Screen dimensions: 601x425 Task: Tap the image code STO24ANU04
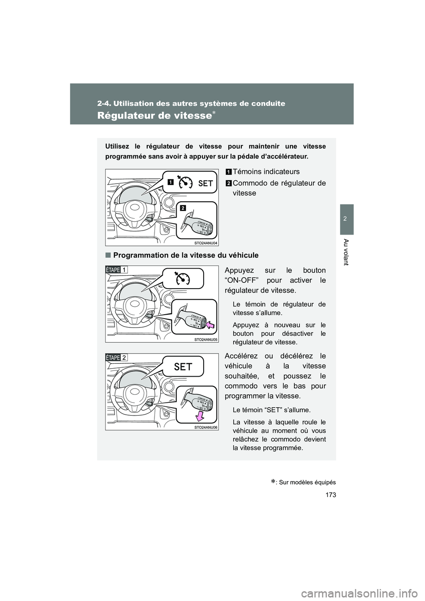point(206,243)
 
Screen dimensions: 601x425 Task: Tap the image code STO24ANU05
point(206,339)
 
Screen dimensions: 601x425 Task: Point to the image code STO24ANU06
point(206,428)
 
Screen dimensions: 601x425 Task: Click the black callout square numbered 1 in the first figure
point(170,181)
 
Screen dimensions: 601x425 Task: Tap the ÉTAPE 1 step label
point(117,270)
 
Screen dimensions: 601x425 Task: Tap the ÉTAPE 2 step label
point(117,358)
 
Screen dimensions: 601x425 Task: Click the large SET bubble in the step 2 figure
point(183,366)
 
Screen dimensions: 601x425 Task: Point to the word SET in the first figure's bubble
point(205,183)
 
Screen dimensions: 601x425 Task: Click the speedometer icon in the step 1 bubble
point(182,279)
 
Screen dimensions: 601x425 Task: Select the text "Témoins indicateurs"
point(266,172)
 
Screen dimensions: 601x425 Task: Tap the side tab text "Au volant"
point(347,252)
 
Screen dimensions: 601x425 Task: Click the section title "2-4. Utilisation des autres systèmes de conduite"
point(191,104)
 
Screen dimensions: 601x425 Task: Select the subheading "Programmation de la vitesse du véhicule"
point(185,255)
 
